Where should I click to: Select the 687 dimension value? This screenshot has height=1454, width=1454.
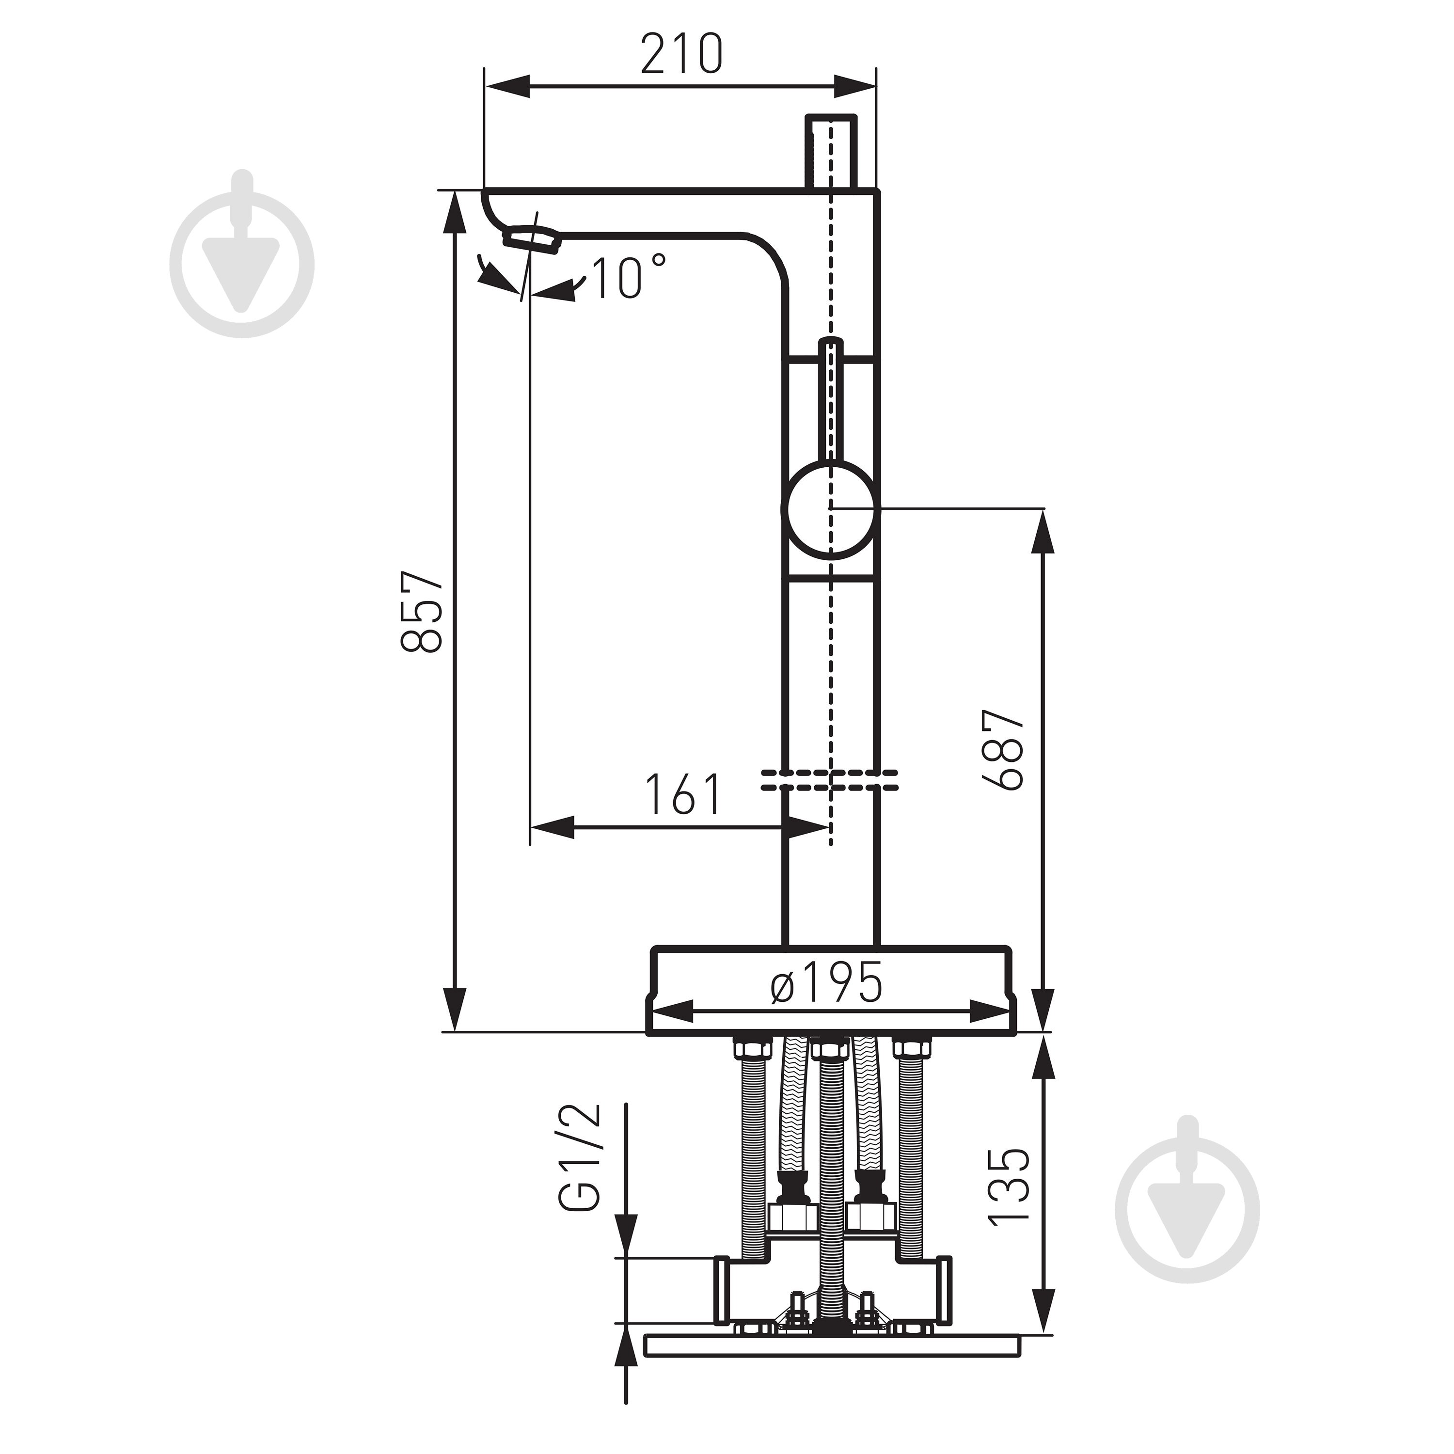(1006, 749)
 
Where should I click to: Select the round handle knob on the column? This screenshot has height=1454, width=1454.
(830, 509)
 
